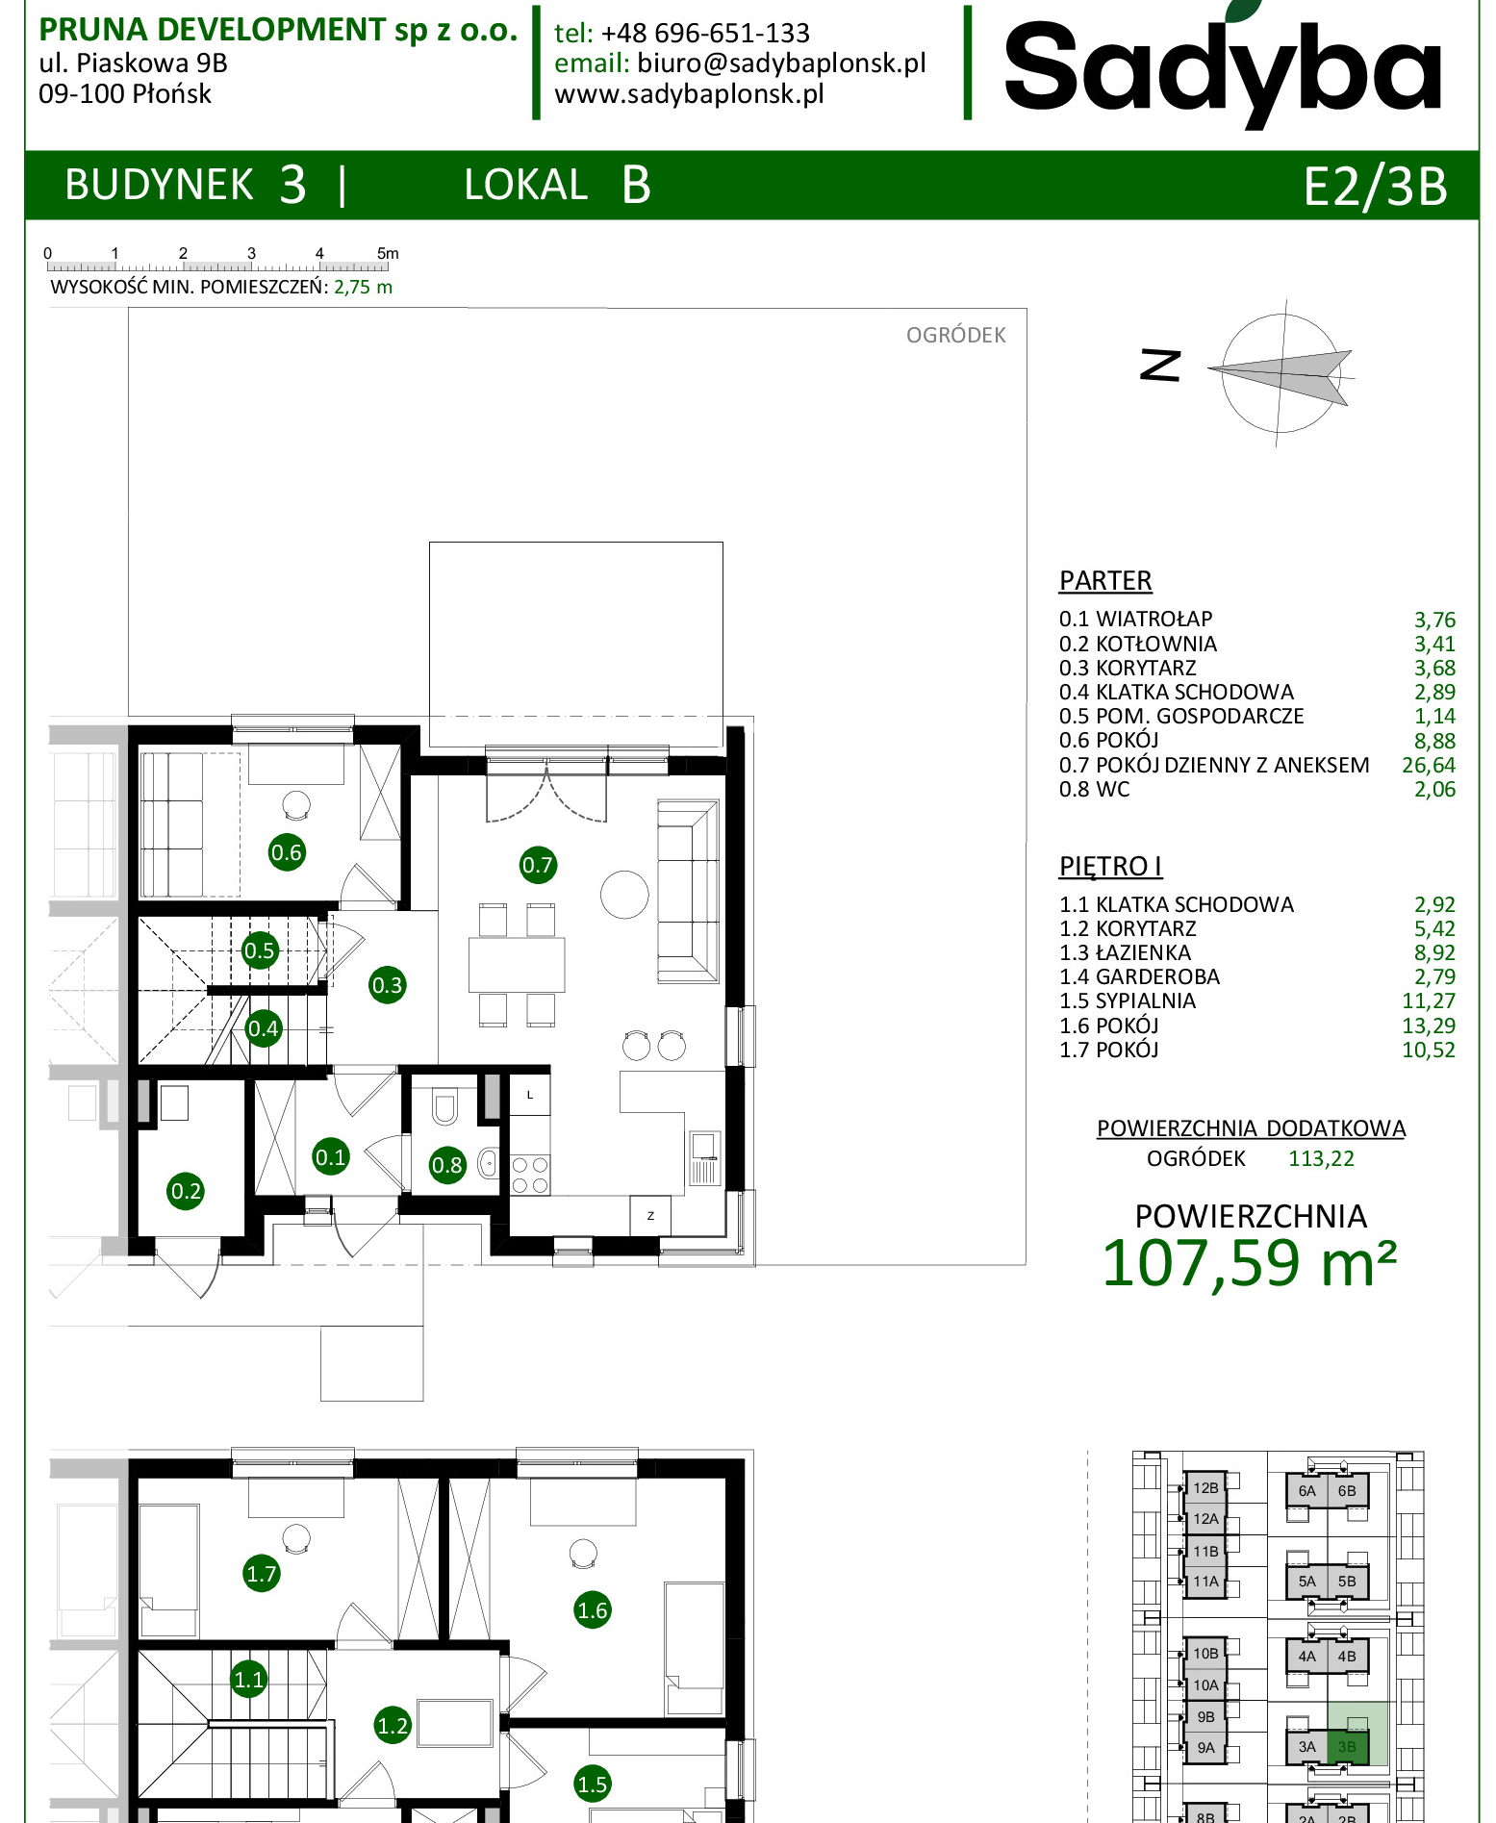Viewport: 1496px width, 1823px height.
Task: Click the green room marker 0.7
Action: [537, 865]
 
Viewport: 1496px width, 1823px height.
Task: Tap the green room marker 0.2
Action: [186, 1191]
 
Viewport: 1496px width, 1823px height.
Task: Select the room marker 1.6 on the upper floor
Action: [592, 1609]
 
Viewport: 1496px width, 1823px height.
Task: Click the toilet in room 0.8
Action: [444, 1106]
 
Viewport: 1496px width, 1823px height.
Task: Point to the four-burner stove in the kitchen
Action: [529, 1175]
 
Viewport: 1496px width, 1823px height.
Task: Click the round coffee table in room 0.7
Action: [624, 895]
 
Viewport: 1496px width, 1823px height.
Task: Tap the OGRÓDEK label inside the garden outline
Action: [955, 335]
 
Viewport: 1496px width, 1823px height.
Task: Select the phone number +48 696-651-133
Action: [705, 34]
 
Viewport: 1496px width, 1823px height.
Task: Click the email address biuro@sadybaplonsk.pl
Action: [781, 63]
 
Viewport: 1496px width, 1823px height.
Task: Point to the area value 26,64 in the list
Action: [1429, 765]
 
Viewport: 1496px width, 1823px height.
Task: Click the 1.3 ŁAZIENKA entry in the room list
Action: [1125, 952]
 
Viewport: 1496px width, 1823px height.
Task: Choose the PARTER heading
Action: [1105, 581]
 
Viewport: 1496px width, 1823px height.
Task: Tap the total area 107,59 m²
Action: [1249, 1263]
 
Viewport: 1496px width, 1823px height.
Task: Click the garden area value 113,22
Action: [1321, 1158]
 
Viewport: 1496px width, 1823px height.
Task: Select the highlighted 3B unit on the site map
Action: [1347, 1746]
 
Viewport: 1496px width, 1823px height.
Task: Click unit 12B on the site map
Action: [1205, 1487]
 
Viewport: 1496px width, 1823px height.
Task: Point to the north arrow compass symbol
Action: [1280, 373]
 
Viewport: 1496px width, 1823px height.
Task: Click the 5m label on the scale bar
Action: [388, 253]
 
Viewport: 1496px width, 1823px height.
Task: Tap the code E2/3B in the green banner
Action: [1375, 186]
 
